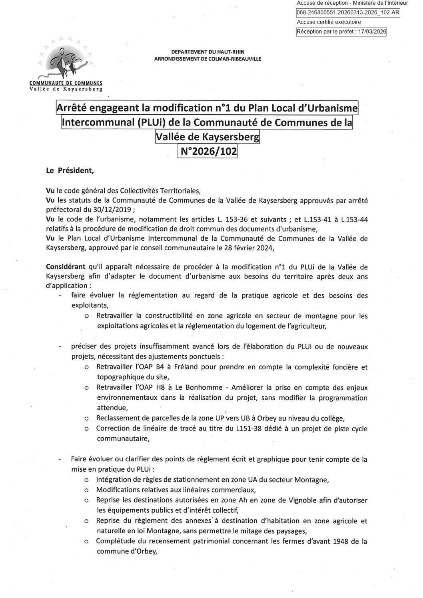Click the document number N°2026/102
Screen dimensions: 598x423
coord(207,151)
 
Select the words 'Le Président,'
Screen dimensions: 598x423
coord(70,170)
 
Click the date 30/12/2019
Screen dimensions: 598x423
coord(93,210)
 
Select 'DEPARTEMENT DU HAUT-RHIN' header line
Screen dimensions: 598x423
coord(208,52)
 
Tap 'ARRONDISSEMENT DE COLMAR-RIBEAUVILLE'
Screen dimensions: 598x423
coord(208,59)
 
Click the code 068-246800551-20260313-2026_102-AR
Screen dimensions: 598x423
coord(348,13)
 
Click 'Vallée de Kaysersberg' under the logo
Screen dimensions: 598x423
coord(66,89)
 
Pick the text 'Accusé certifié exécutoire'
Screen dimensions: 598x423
coord(329,22)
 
